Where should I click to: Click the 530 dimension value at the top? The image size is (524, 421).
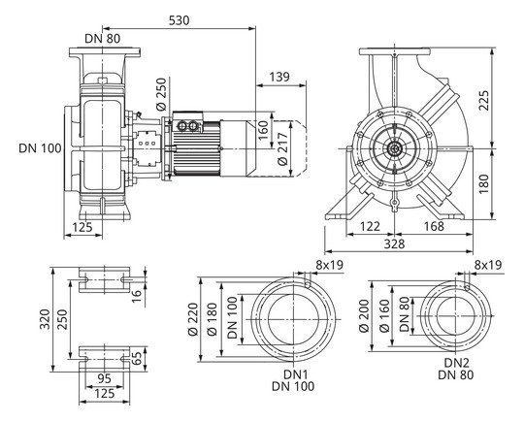point(179,20)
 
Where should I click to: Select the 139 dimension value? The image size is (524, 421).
point(279,77)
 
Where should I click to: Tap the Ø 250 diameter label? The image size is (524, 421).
point(161,94)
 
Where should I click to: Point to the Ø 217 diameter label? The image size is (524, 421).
point(282,148)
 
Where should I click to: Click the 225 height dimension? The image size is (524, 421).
point(484,100)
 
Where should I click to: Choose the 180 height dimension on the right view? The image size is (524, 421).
point(484,183)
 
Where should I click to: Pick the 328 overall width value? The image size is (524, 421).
point(394,243)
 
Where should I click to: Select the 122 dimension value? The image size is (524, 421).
point(371,227)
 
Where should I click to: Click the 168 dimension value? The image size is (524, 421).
point(434,227)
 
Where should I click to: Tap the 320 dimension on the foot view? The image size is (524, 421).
point(45,319)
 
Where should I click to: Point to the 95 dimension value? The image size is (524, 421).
point(104,379)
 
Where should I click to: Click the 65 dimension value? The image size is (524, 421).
point(137,359)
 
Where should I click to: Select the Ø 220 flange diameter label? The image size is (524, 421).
point(193,319)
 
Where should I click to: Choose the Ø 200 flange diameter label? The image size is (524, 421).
point(364,316)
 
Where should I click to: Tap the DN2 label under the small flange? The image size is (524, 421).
point(457,363)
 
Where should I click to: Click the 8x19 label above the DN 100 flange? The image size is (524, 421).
point(330,265)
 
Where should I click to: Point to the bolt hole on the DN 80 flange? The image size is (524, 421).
point(468,287)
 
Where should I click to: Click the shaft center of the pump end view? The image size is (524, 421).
point(395,148)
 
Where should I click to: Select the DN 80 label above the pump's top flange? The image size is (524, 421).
point(103,39)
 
